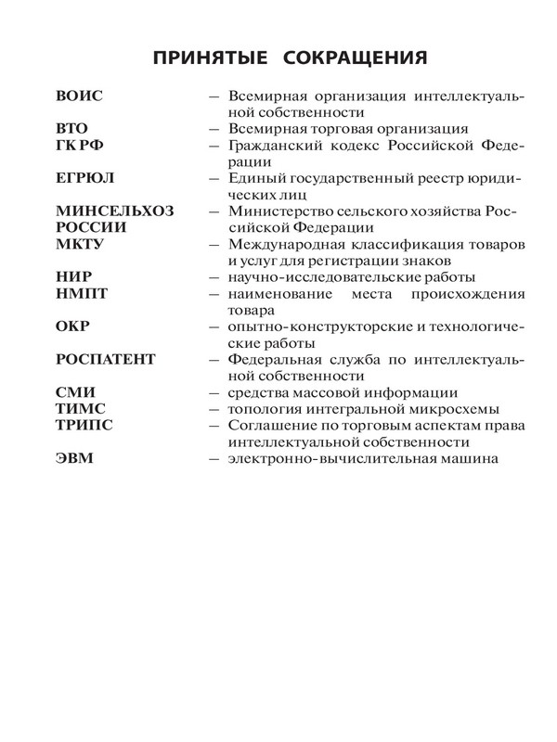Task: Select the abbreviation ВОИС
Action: click(x=80, y=96)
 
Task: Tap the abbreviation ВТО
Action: click(x=73, y=129)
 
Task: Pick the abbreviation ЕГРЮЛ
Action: click(x=87, y=178)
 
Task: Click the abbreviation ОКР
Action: click(x=72, y=326)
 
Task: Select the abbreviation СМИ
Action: click(x=73, y=392)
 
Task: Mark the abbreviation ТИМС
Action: click(x=80, y=409)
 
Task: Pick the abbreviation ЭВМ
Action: click(x=73, y=458)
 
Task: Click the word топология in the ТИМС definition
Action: click(x=263, y=409)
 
